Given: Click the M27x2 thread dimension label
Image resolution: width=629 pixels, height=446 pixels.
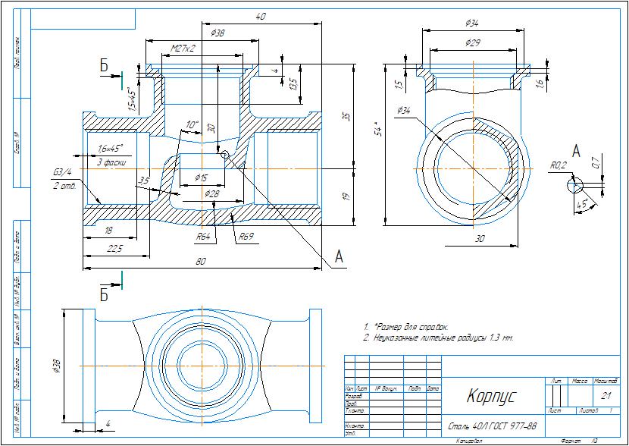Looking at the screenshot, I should [183, 48].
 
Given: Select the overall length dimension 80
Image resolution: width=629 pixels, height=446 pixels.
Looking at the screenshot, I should [202, 262].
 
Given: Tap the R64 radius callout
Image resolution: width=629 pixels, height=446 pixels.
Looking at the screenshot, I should [203, 237].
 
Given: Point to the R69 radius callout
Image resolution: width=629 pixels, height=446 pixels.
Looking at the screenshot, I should [246, 237].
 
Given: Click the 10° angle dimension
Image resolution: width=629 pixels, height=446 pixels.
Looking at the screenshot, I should [191, 124].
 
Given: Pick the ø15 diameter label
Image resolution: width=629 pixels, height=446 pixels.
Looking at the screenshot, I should [201, 177].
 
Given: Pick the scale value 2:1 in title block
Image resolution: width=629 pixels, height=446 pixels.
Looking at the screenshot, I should [606, 395].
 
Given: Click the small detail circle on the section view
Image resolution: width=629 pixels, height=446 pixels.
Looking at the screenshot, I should [225, 155].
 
